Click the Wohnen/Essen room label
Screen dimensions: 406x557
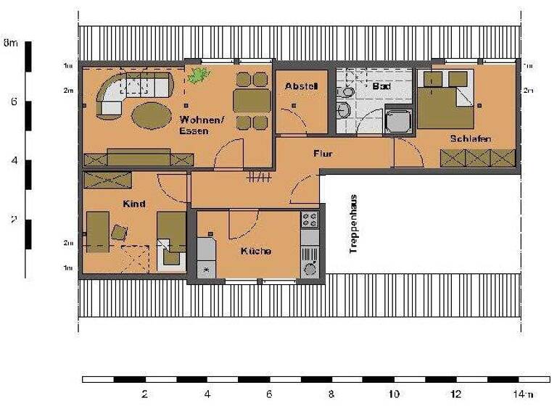tap(197, 125)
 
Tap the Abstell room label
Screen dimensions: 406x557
tap(301, 86)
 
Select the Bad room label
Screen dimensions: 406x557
tap(381, 86)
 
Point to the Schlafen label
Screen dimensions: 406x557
tap(471, 138)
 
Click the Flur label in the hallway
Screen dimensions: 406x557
tap(323, 154)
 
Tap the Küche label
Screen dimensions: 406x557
tap(256, 251)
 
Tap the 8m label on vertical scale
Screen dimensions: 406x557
tap(10, 43)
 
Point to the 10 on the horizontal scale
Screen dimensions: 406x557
tap(394, 395)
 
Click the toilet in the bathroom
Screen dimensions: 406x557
tap(344, 109)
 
